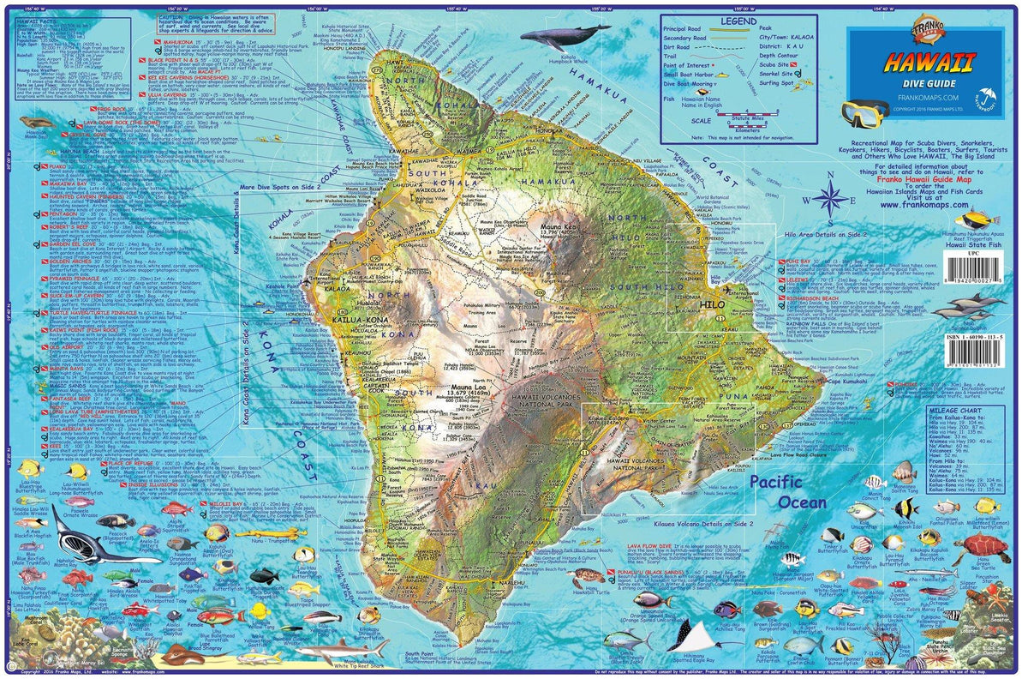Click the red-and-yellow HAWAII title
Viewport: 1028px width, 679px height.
[929, 62]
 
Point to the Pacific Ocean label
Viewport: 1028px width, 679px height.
[788, 492]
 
